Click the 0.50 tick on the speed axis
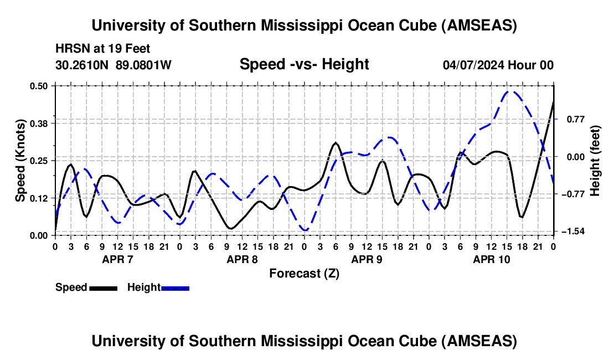coord(42,86)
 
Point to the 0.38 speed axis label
coord(42,123)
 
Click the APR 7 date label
coord(117,259)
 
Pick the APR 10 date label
coord(491,259)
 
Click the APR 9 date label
coord(367,259)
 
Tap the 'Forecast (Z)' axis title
coord(304,273)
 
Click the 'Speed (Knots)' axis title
coord(20,160)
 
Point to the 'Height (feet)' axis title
coord(595,161)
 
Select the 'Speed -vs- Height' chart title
coord(304,65)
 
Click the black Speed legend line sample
coord(103,288)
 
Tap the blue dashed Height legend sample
coord(175,288)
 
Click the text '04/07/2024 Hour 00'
coord(498,65)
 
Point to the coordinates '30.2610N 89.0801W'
coord(113,65)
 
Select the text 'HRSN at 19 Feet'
coord(102,49)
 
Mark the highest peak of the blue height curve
coord(511,92)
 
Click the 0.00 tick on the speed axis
coord(42,235)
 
